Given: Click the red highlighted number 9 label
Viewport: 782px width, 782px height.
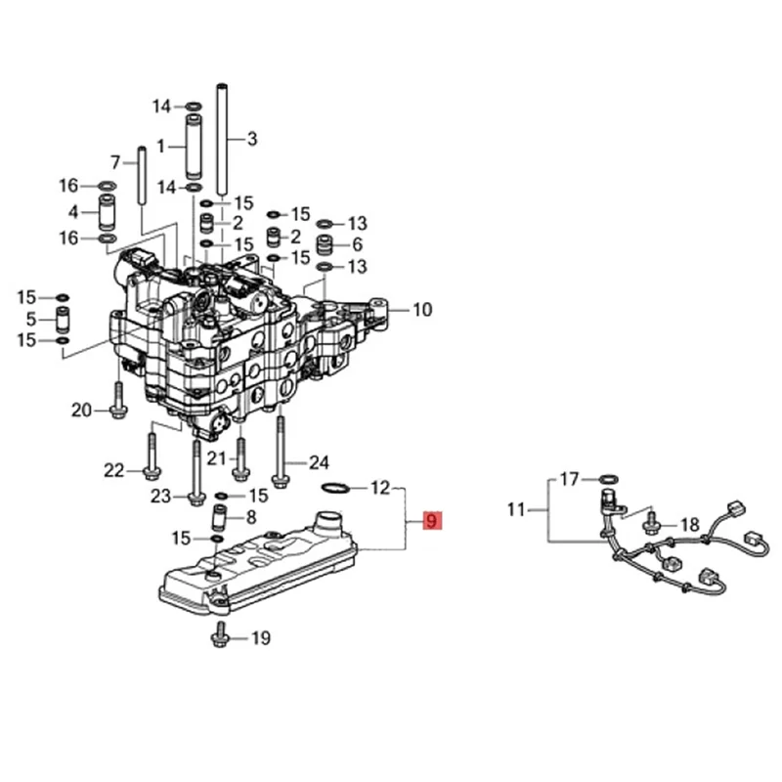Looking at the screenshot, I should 431,522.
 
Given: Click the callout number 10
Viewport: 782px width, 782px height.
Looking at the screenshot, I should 421,311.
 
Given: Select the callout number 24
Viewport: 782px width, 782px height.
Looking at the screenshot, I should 319,462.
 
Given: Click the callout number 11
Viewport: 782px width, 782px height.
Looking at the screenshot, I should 516,508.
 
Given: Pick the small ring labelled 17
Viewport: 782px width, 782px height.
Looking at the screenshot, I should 607,479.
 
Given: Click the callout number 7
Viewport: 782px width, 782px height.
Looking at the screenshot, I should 114,161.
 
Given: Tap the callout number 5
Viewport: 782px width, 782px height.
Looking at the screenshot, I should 31,318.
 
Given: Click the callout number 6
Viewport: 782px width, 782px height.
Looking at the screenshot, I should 357,244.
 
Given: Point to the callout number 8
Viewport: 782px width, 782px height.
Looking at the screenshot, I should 251,517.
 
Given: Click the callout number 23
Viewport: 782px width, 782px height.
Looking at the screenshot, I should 161,497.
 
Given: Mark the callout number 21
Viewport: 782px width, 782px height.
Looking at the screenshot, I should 217,458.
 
